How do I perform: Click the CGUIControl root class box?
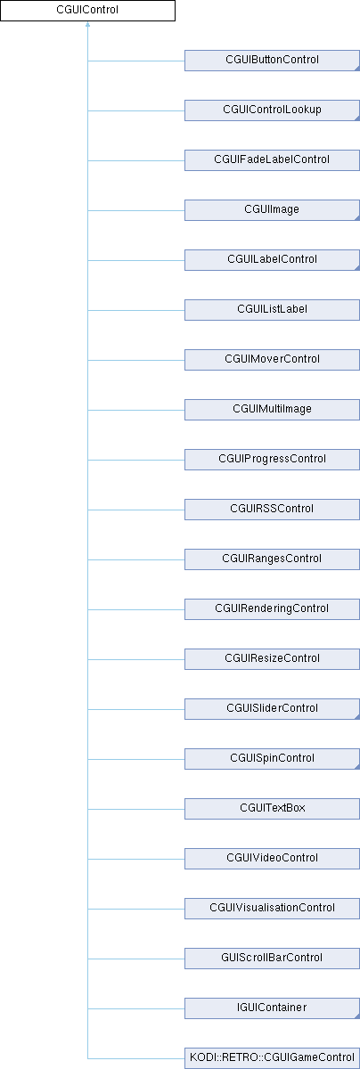[88, 11]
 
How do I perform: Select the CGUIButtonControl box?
[272, 61]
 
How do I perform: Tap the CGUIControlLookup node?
[272, 110]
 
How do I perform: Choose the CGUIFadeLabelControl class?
[272, 160]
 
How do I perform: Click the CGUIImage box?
[272, 210]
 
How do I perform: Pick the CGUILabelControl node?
[272, 260]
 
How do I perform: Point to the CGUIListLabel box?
[272, 310]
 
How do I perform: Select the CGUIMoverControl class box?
[272, 360]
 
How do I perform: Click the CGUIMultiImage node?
[272, 410]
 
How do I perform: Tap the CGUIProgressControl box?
[272, 460]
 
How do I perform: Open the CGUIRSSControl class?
[272, 510]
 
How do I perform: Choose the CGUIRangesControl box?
[272, 559]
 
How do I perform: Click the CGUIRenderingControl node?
[272, 609]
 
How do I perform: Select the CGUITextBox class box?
[272, 809]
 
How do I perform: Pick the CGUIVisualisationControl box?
[272, 908]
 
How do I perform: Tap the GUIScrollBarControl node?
[272, 959]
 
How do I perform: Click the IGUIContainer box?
[272, 1008]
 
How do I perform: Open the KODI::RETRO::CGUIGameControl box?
[272, 1058]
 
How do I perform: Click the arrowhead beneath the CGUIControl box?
[88, 24]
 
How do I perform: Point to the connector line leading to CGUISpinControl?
[136, 759]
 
